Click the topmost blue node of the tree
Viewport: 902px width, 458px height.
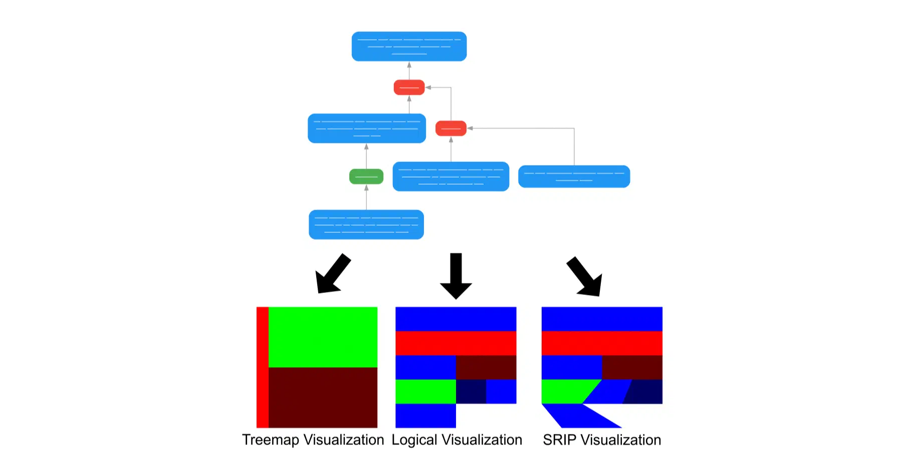point(409,46)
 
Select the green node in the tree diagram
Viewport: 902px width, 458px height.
point(366,177)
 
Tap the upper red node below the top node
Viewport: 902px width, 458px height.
point(409,87)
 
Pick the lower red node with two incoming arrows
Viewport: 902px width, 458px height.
point(451,128)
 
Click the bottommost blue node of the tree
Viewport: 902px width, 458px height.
point(366,224)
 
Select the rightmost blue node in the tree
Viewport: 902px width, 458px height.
point(574,177)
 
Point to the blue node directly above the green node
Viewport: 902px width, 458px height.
point(367,128)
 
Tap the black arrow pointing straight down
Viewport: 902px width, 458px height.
point(456,276)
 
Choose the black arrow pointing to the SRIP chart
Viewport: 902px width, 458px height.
point(585,277)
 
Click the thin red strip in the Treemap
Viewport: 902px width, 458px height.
point(262,367)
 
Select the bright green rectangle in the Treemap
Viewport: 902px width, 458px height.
point(323,337)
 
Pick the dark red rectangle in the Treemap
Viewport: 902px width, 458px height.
point(323,397)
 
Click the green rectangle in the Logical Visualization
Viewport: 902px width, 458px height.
point(425,391)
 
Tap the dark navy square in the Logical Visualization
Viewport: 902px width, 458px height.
point(471,391)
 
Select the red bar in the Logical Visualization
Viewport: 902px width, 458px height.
point(456,343)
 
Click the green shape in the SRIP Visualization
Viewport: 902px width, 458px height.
point(566,391)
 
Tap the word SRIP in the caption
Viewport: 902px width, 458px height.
point(559,440)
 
